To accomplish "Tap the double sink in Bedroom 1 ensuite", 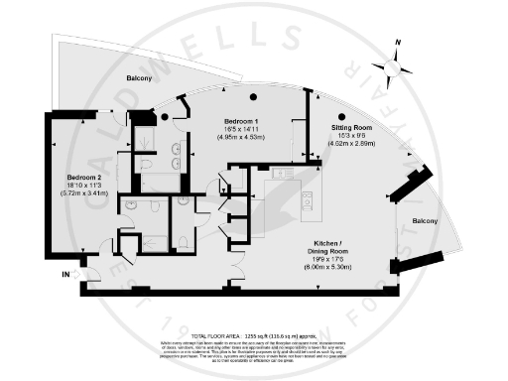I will tap(176, 152).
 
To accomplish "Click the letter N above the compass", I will tap(397, 44).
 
